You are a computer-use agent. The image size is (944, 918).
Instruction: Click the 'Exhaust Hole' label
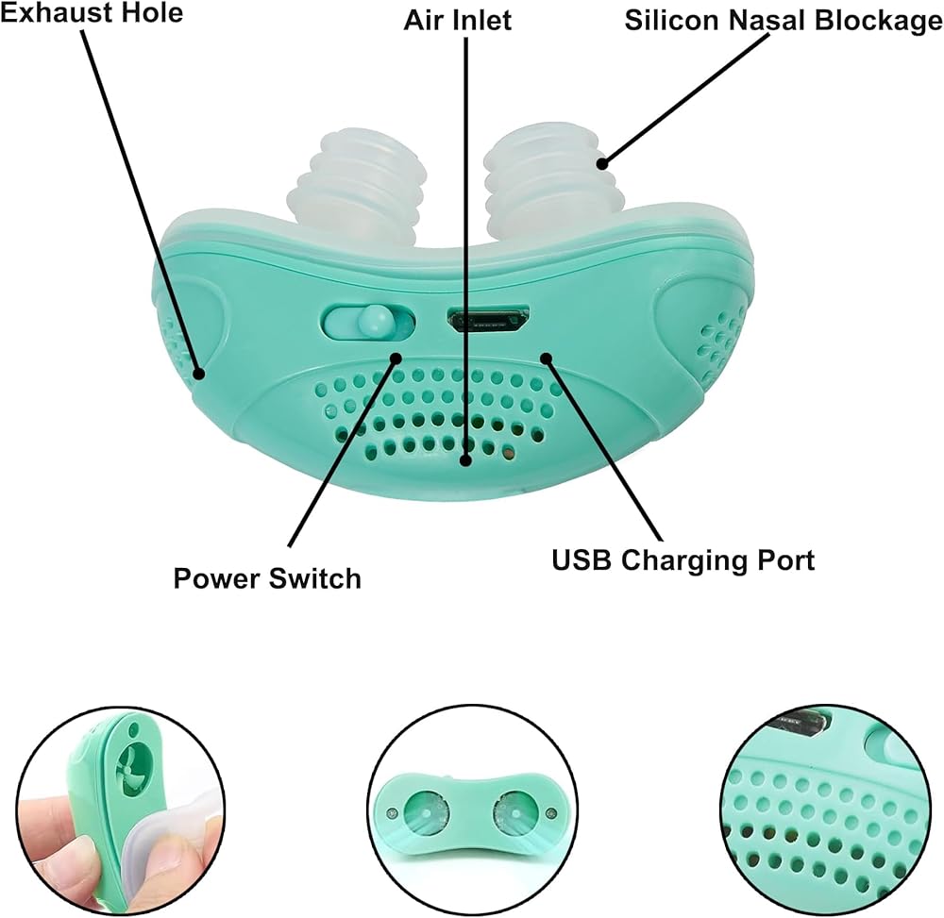pyautogui.click(x=91, y=13)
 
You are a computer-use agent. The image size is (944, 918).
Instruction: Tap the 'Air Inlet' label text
pyautogui.click(x=458, y=20)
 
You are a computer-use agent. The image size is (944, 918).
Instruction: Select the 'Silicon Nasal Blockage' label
pyautogui.click(x=783, y=21)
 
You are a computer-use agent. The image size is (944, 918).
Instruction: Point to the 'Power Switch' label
pyautogui.click(x=267, y=577)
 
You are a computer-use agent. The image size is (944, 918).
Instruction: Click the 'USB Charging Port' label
pyautogui.click(x=683, y=559)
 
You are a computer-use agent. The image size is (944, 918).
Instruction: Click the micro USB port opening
pyautogui.click(x=488, y=319)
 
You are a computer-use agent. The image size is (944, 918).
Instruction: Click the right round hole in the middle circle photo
pyautogui.click(x=516, y=810)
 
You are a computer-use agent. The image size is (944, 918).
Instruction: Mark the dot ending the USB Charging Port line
pyautogui.click(x=546, y=357)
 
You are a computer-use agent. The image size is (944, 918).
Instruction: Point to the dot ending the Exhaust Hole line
pyautogui.click(x=199, y=374)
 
